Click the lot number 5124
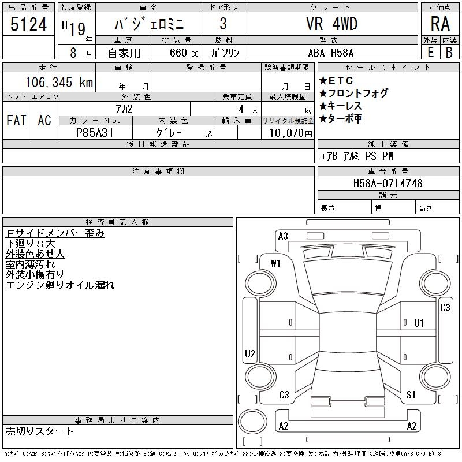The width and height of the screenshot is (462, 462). [x=28, y=24]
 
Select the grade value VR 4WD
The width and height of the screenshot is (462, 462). [x=331, y=24]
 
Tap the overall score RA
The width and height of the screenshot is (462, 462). [x=440, y=24]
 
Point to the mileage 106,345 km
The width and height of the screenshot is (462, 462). [x=59, y=82]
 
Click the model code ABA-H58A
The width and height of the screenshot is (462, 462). [x=331, y=53]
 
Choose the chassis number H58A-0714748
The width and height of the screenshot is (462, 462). [x=388, y=183]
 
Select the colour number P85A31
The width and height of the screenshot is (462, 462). [x=95, y=133]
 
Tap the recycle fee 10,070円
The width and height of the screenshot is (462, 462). [x=291, y=133]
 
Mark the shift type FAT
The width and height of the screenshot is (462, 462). [x=16, y=120]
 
